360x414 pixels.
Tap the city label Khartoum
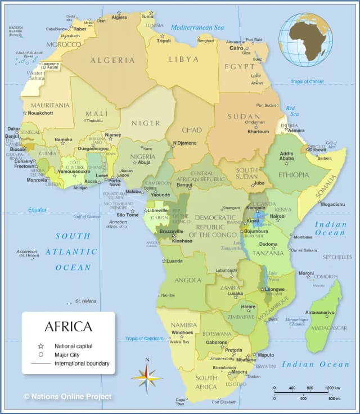coord(258,132)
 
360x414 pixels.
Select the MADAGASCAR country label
coord(329,328)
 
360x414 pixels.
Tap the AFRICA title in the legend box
coord(68,327)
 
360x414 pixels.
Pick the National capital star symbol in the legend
coord(40,346)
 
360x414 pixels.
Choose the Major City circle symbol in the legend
coord(40,355)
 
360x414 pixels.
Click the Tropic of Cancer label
coord(307,82)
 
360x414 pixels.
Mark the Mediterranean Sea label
coord(197,27)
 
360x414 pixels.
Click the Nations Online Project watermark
coord(67,397)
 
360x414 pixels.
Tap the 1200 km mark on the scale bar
coord(332,388)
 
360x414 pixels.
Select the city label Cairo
coord(236,48)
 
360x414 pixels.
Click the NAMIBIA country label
coord(183,325)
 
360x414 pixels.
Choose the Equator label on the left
coord(37,210)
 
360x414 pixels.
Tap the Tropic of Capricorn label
coord(144,339)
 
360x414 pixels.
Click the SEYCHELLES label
coord(337,257)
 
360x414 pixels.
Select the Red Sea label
coord(290,111)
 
